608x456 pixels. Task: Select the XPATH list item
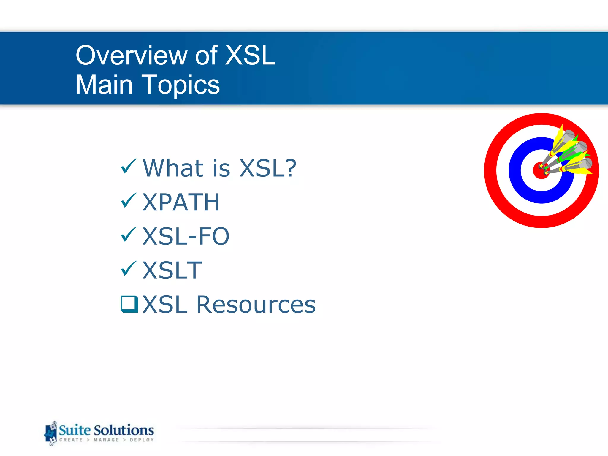pyautogui.click(x=181, y=202)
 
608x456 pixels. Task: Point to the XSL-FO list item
pyautogui.click(x=186, y=237)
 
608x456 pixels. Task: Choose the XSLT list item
pyautogui.click(x=172, y=270)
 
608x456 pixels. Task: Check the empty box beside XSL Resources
pyautogui.click(x=129, y=304)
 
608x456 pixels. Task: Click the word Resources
pyautogui.click(x=256, y=305)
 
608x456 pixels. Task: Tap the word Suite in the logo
pyautogui.click(x=75, y=430)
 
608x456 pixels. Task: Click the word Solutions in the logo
pyautogui.click(x=124, y=430)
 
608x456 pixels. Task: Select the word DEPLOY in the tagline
pyautogui.click(x=142, y=440)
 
